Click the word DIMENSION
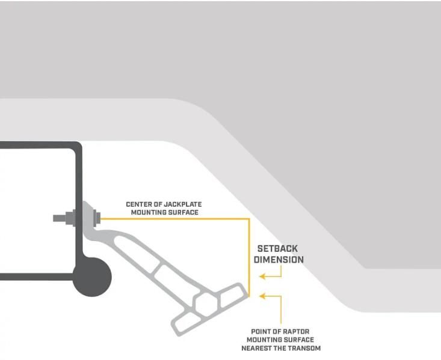coord(279,260)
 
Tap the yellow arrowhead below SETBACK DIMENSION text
coord(262,276)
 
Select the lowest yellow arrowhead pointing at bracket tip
coord(262,296)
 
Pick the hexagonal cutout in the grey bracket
coord(205,304)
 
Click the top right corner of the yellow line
coord(249,219)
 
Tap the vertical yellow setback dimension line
coord(249,258)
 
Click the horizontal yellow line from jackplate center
coord(174,219)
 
